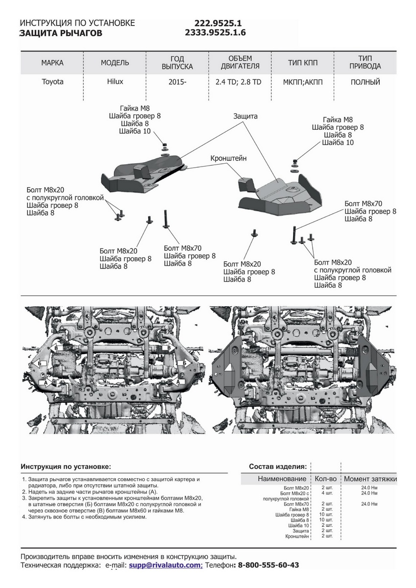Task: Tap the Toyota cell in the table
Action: tap(52, 82)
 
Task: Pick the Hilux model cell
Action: tap(115, 82)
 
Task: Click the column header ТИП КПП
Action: tap(303, 63)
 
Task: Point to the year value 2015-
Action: tap(177, 82)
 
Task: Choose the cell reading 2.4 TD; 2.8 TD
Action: tap(239, 82)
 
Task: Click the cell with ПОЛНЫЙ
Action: tap(365, 82)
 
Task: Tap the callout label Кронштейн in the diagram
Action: tap(228, 159)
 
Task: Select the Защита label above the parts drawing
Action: tap(245, 117)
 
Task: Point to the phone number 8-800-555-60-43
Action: tap(268, 565)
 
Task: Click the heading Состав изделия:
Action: tap(278, 466)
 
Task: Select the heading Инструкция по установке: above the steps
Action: tap(66, 466)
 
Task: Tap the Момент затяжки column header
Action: tap(370, 479)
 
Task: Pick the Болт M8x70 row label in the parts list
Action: tap(296, 504)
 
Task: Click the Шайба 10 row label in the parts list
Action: tap(299, 526)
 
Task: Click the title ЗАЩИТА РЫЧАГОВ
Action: tap(61, 33)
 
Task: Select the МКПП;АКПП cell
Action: tap(303, 82)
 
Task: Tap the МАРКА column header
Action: tap(52, 63)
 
